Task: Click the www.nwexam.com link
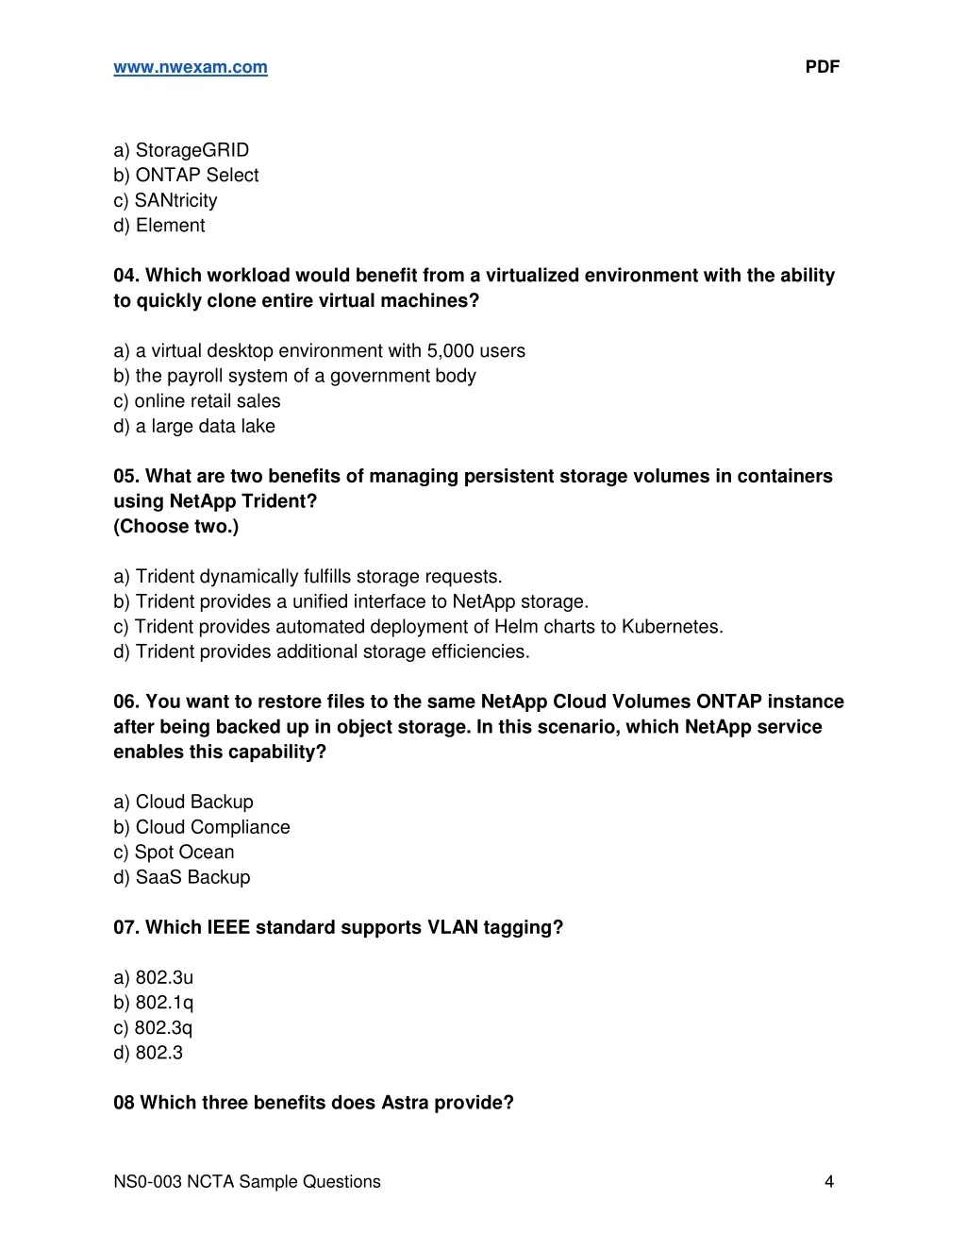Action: click(x=191, y=67)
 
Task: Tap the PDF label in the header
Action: click(x=822, y=67)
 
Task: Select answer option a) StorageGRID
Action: click(x=181, y=150)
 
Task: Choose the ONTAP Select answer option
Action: click(x=186, y=175)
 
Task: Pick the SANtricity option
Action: click(x=165, y=200)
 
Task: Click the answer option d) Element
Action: click(x=158, y=225)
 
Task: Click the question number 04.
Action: click(x=125, y=276)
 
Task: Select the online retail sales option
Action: click(x=197, y=400)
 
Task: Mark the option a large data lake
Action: click(x=194, y=426)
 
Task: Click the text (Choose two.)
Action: click(x=176, y=526)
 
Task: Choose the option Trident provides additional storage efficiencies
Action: click(x=322, y=651)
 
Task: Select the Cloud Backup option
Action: click(x=183, y=802)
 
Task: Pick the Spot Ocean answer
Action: click(x=174, y=852)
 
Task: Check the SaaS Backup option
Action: click(x=182, y=877)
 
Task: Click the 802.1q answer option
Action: click(x=153, y=1003)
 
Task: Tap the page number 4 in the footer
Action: click(x=829, y=1181)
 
